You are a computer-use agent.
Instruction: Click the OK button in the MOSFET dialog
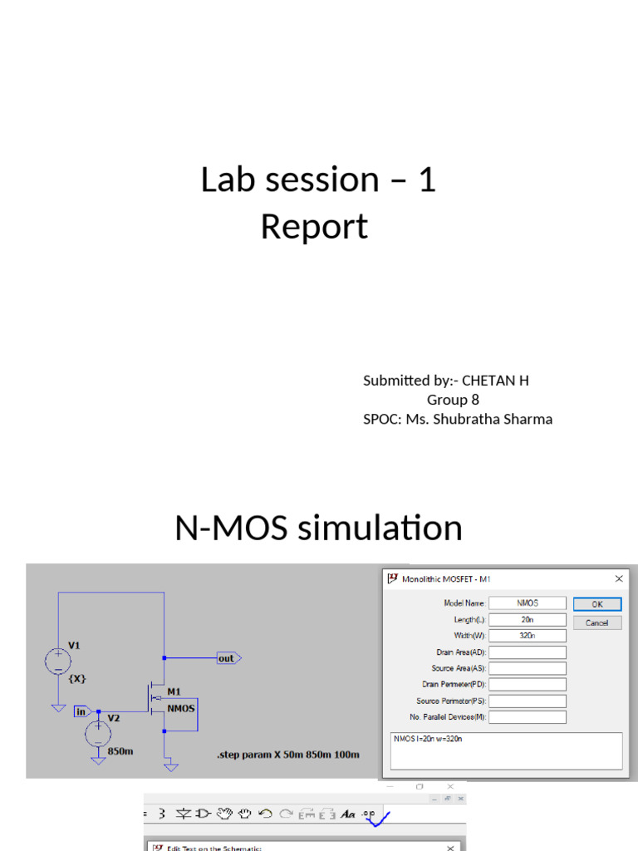pos(596,604)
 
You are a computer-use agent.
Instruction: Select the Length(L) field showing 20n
pos(528,620)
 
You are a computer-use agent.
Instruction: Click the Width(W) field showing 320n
pos(528,636)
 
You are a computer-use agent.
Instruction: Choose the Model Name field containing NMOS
pos(528,603)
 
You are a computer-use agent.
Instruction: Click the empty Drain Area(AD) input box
pos(528,652)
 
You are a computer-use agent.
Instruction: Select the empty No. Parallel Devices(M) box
pos(528,716)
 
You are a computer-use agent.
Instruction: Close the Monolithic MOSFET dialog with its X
pos(618,578)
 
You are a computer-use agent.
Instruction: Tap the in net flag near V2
pos(82,711)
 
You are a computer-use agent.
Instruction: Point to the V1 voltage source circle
pos(57,662)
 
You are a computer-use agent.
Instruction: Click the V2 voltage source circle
pos(98,732)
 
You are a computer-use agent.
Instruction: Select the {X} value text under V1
pos(76,678)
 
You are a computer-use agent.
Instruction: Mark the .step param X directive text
pos(287,755)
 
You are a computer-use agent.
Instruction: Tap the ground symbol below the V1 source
pos(57,707)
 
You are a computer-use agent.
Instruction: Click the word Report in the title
pos(314,227)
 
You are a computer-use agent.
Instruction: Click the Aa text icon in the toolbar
pos(348,814)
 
